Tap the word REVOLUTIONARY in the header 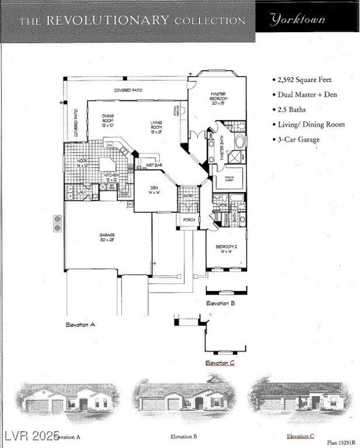click(x=107, y=21)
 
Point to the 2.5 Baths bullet click(x=292, y=110)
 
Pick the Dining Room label click(x=108, y=120)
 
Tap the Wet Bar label click(x=154, y=165)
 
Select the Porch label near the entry click(x=189, y=220)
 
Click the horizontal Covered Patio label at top click(x=128, y=90)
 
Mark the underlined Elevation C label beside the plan click(x=220, y=363)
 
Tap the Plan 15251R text click(x=340, y=443)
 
